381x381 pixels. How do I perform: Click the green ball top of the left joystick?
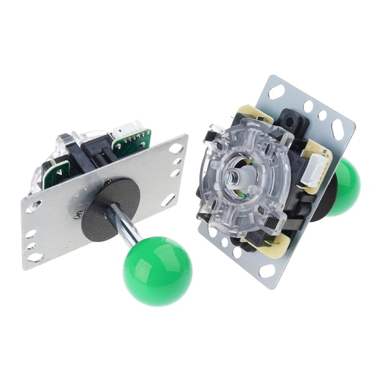[x=157, y=271]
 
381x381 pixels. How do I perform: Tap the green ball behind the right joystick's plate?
[x=345, y=187]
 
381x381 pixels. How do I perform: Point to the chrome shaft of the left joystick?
[x=125, y=224]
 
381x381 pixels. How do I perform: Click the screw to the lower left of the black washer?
[x=79, y=213]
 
